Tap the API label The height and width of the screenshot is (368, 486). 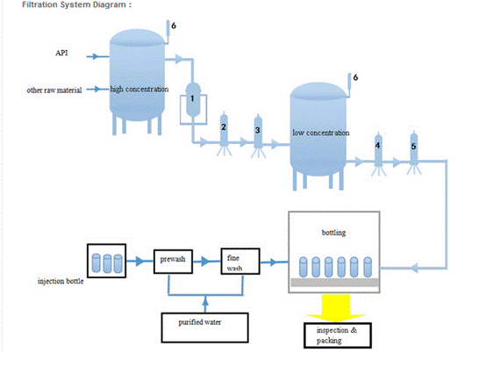[61, 53]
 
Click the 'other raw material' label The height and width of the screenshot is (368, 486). [54, 90]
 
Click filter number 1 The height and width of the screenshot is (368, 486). [193, 99]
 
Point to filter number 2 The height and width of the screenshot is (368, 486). [224, 130]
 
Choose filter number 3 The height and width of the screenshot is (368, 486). [258, 132]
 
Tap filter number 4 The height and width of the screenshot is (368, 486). [378, 150]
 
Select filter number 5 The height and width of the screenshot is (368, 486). [414, 149]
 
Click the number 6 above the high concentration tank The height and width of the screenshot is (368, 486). [174, 25]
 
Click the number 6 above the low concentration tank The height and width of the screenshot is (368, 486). [355, 77]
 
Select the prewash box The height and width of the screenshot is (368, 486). [173, 262]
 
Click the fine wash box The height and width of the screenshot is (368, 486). [240, 261]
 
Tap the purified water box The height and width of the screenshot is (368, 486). [204, 328]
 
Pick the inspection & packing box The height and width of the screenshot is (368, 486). [338, 336]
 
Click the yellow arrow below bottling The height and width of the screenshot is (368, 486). [336, 307]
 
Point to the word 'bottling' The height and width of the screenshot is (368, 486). [333, 233]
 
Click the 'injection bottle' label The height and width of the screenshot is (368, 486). [61, 281]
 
